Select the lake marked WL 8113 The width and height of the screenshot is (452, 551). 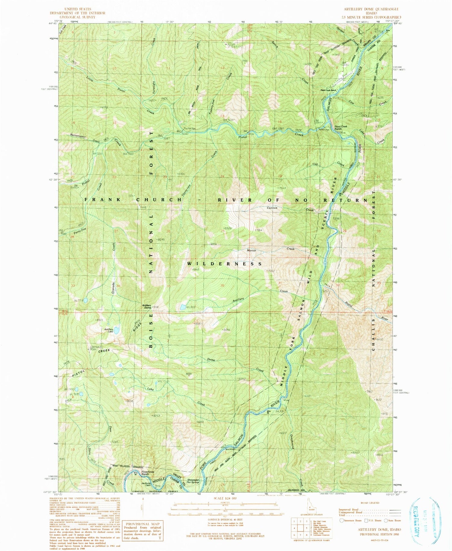coord(183,307)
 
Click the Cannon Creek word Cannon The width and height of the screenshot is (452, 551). coord(272,208)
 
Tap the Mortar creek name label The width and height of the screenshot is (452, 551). coord(251,250)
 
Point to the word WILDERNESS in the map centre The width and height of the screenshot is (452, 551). coord(224,264)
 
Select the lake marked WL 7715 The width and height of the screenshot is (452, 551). coord(86,300)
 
